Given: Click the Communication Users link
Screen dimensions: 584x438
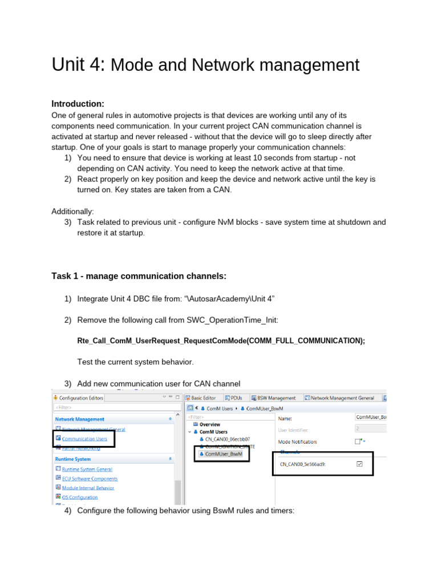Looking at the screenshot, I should click(84, 439).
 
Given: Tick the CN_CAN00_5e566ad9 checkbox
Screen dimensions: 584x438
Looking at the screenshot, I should click(359, 464).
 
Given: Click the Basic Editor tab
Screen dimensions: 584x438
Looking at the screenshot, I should click(203, 398).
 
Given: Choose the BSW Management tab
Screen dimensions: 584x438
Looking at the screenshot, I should click(275, 398).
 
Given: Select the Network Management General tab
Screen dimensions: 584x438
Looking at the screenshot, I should click(342, 398).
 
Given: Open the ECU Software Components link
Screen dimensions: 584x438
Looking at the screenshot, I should click(90, 478).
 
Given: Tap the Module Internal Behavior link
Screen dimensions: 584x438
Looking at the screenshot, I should click(88, 488).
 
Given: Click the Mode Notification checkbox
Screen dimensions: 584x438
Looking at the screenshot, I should click(358, 441).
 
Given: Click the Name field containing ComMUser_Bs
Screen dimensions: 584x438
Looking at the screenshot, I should click(371, 417).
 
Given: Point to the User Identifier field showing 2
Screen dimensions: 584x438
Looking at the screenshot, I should click(371, 429).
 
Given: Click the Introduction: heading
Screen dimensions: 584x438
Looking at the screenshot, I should click(78, 104).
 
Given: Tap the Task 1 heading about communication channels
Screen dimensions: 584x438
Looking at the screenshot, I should click(139, 276).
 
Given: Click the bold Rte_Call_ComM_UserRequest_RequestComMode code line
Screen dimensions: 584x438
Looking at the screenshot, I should click(221, 340).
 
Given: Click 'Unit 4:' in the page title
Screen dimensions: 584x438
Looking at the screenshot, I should click(78, 65).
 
